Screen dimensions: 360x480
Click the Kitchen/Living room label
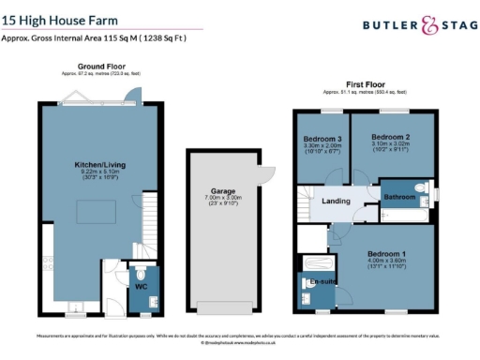click(97, 165)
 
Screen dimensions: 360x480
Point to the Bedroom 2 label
click(391, 137)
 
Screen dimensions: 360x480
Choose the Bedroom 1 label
click(385, 254)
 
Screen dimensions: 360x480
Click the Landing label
click(336, 201)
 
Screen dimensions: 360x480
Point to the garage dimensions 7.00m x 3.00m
click(221, 198)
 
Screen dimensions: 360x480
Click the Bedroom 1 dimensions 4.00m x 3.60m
click(385, 262)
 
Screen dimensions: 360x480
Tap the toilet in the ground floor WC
click(142, 302)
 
